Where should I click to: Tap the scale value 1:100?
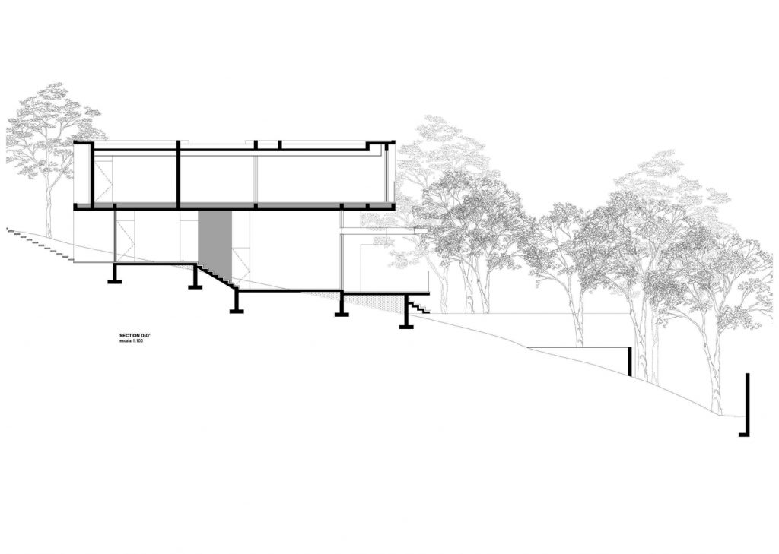click(137, 341)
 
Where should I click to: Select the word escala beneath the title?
click(125, 341)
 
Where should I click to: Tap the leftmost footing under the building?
click(115, 274)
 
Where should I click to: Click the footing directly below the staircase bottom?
click(237, 302)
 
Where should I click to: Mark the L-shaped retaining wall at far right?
click(746, 404)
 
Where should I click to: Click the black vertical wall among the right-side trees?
click(630, 362)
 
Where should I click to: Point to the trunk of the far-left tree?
click(49, 198)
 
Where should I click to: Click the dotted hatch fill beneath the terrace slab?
click(373, 299)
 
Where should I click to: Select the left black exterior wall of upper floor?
click(91, 175)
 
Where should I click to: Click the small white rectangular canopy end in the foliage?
click(421, 230)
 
